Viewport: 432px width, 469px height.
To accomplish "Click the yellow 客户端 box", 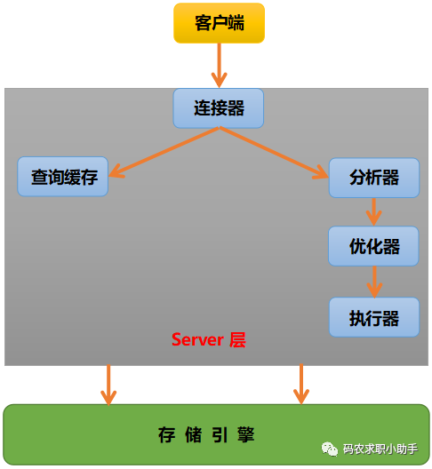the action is tap(220, 23).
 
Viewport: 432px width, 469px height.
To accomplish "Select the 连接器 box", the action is tap(219, 108).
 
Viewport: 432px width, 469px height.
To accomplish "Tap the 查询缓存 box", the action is tap(63, 177).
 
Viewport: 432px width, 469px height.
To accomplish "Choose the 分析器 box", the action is tap(374, 178).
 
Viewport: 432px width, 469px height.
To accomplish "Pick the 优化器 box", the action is tap(373, 246).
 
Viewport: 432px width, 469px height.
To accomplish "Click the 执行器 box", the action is tap(374, 317).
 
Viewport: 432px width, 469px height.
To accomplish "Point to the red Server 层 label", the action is tap(209, 340).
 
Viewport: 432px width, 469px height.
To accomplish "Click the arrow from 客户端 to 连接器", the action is tap(220, 65).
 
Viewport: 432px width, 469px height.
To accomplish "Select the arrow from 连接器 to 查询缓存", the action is tap(164, 152).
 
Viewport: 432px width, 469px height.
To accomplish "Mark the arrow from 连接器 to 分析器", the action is tap(274, 153).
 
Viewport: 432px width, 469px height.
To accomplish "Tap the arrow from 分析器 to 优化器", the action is tap(374, 211).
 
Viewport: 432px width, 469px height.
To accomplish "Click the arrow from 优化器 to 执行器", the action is tap(374, 282).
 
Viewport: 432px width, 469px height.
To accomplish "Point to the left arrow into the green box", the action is tap(108, 385).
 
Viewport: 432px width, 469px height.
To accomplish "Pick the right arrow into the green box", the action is tap(301, 384).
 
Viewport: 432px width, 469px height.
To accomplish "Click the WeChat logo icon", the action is tap(330, 449).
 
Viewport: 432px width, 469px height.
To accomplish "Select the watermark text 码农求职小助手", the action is tap(380, 449).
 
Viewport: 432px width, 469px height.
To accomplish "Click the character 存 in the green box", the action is tap(166, 434).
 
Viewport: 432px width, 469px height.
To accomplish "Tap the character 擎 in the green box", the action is tap(246, 434).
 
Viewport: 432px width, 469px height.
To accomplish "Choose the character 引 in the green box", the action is tap(220, 434).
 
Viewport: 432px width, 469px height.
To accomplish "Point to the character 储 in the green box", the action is tap(193, 434).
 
